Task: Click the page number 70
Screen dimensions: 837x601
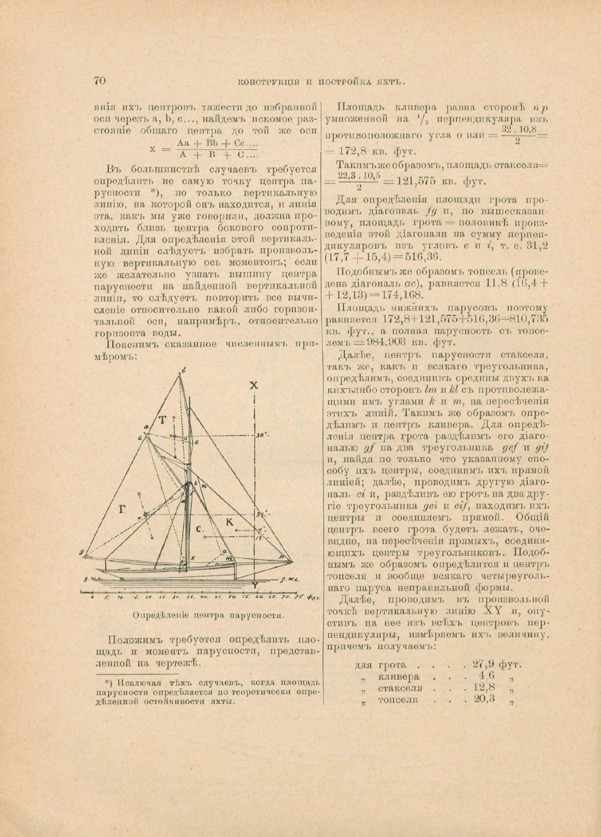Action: click(99, 81)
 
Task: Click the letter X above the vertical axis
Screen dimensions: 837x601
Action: click(254, 385)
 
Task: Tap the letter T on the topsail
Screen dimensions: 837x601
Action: click(162, 420)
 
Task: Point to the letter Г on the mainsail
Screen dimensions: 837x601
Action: click(122, 509)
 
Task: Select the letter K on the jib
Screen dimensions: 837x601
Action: click(230, 522)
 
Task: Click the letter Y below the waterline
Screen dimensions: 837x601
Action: click(256, 585)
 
